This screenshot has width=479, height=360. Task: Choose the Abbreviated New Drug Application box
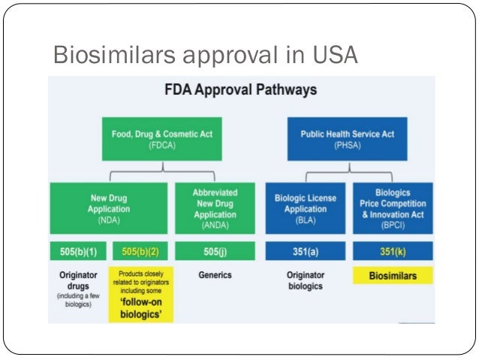point(215,208)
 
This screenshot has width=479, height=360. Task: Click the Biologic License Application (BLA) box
point(306,208)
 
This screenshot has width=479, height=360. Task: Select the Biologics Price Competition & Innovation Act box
point(393,208)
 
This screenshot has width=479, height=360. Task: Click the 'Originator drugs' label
point(78,284)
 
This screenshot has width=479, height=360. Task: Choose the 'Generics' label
point(215,275)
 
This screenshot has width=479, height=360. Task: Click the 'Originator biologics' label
point(306,280)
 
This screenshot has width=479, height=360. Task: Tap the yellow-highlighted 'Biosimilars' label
point(393,275)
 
